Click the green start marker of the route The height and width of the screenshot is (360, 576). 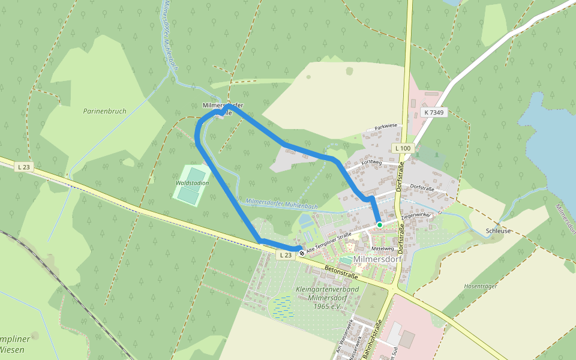tap(380, 225)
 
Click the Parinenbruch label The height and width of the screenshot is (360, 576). tap(105, 111)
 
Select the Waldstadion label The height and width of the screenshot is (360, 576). tap(192, 182)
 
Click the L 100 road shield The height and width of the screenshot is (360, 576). tap(403, 148)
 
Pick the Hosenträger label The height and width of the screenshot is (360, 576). tap(481, 286)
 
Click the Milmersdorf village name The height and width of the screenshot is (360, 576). tap(377, 259)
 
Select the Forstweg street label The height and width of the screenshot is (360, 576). tap(372, 162)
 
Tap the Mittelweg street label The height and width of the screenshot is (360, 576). tap(382, 248)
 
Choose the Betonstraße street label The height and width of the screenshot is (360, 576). tap(341, 272)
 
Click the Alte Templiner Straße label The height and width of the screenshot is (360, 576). tap(328, 242)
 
